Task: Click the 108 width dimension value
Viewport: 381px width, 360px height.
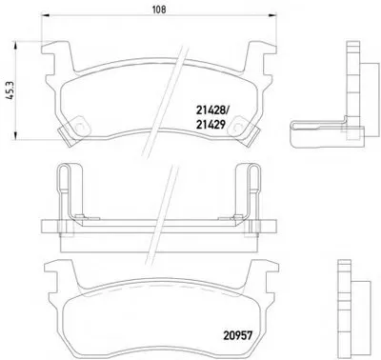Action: point(159,10)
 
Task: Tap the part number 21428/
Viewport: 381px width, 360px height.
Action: point(212,110)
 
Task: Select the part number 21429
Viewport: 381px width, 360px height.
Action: point(211,125)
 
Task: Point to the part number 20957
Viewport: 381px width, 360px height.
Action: point(237,335)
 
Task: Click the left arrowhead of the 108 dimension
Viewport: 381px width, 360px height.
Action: point(46,14)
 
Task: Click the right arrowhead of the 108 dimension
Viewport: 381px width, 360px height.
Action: point(272,14)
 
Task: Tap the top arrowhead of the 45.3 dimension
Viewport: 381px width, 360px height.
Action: point(15,46)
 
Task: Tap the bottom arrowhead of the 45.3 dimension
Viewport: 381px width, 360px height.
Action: point(15,135)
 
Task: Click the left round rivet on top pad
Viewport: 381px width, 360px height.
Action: point(79,126)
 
